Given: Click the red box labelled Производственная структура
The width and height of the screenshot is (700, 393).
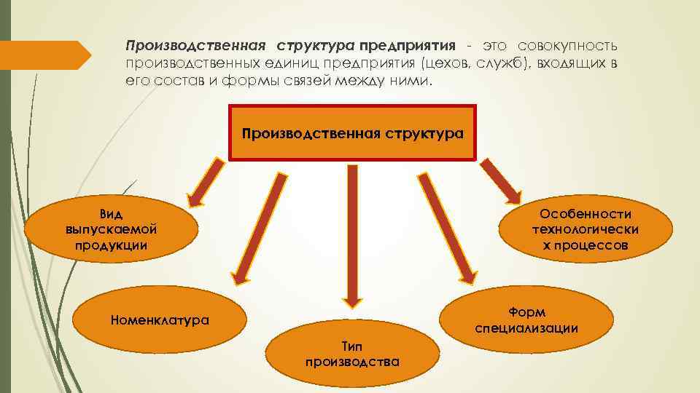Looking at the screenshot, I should [x=352, y=132].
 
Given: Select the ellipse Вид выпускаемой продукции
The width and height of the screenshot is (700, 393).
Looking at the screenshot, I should [x=111, y=229].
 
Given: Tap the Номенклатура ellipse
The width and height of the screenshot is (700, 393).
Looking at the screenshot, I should [x=159, y=319].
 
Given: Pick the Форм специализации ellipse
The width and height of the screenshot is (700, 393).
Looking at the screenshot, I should [x=526, y=320].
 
